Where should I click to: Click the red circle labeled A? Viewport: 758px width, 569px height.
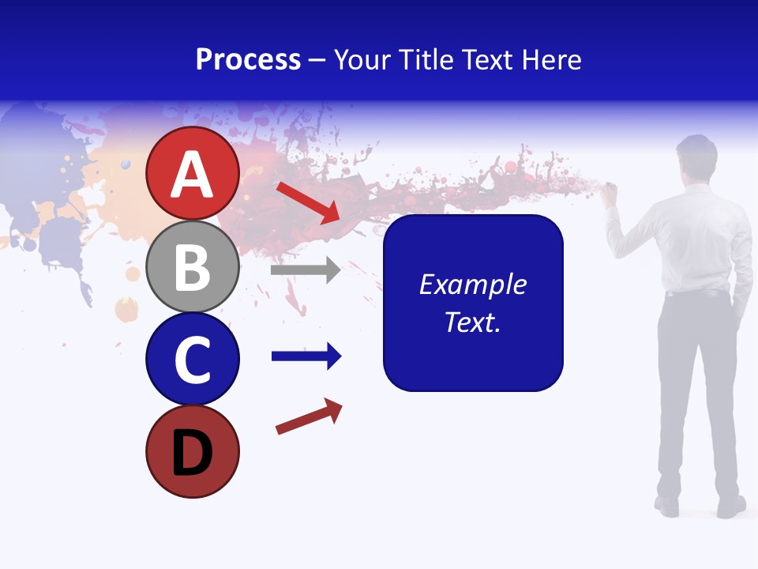(x=193, y=174)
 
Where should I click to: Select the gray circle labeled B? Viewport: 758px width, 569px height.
(x=193, y=267)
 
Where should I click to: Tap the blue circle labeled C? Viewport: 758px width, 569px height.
(x=193, y=360)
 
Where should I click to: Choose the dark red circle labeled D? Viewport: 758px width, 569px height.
(x=193, y=452)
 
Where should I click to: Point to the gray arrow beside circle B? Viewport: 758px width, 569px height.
(x=306, y=270)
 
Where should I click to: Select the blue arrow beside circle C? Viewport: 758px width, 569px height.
(x=306, y=356)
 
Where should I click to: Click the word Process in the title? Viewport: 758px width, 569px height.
(x=248, y=59)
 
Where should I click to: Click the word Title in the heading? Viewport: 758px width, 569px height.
(x=423, y=59)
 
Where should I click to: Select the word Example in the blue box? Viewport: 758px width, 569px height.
(x=473, y=284)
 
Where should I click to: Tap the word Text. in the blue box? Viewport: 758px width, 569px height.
(x=473, y=322)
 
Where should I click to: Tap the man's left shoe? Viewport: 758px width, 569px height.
(x=667, y=506)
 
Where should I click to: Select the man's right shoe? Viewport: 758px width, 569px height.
(x=731, y=507)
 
